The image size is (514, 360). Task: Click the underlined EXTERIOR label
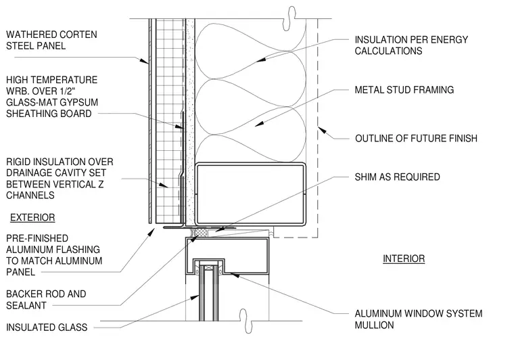[x=32, y=218]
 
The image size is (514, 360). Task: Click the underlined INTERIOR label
[x=404, y=258]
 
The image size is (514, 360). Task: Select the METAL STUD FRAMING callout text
[x=404, y=90]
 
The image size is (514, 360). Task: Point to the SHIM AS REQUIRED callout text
[x=397, y=177]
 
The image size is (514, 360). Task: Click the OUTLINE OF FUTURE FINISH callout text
[x=417, y=138]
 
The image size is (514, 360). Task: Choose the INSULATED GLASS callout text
[x=47, y=328]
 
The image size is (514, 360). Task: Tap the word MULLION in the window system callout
[x=375, y=325]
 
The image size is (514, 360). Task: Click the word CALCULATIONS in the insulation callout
[x=388, y=51]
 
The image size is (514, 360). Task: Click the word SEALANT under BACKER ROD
[x=26, y=306]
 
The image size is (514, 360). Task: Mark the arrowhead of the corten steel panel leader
[x=144, y=61]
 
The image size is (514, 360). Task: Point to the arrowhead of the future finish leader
[x=322, y=130]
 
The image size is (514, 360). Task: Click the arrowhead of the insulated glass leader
[x=195, y=297]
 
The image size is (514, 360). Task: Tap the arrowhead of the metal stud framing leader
[x=259, y=125]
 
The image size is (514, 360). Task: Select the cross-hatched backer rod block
[x=200, y=233]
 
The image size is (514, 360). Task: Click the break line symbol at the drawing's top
[x=289, y=19]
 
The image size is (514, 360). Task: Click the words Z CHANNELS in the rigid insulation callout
[x=55, y=190]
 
